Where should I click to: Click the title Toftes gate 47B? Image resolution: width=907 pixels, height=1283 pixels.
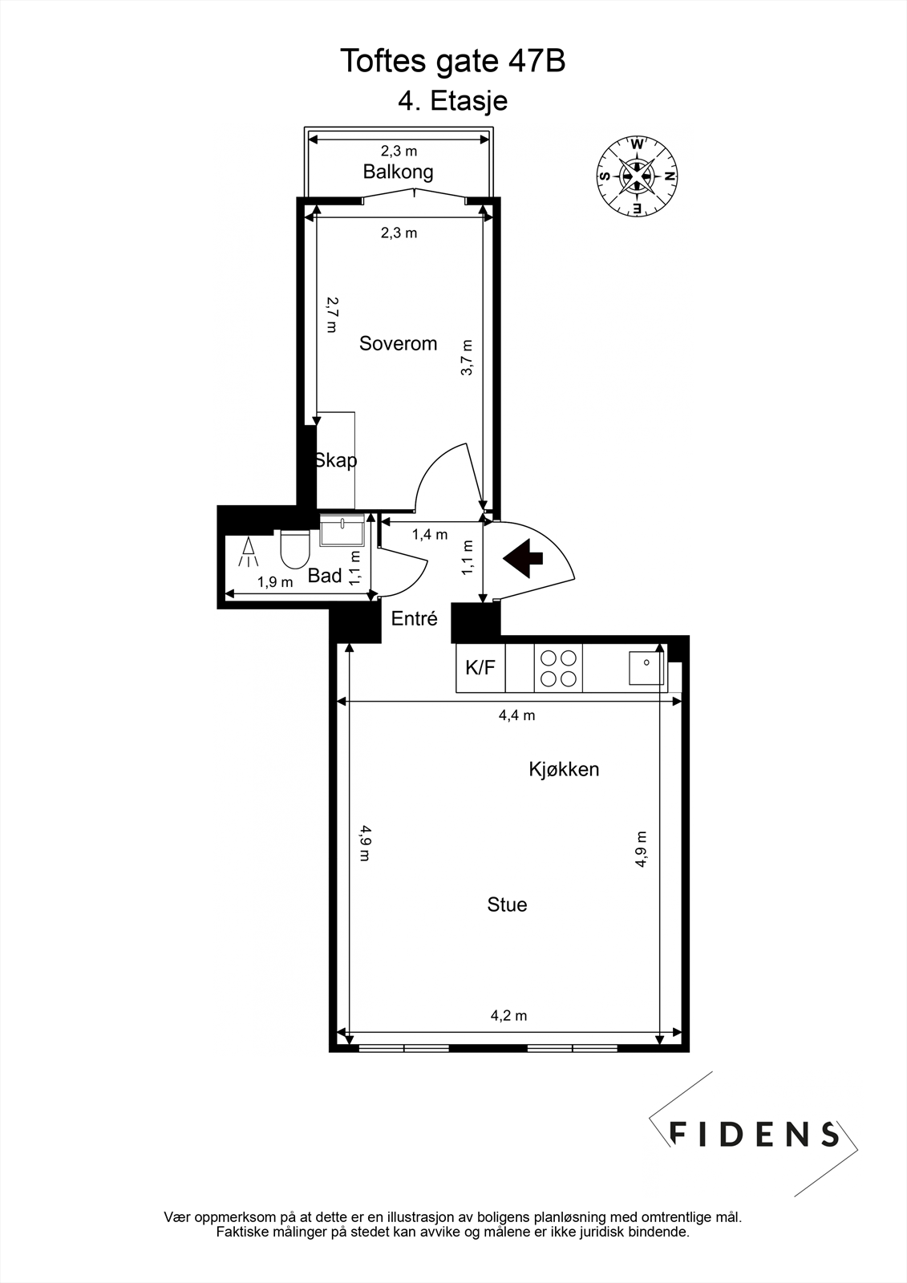tap(453, 61)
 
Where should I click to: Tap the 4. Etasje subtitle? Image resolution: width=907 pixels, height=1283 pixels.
tap(453, 102)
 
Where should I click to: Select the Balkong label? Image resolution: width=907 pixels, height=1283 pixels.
tap(398, 172)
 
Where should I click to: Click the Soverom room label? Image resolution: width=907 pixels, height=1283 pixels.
tap(398, 344)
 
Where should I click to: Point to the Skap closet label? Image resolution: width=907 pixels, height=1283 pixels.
tap(336, 460)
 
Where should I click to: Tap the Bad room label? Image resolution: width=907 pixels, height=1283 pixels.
tap(325, 576)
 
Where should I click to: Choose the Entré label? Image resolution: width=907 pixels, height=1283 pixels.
tap(415, 619)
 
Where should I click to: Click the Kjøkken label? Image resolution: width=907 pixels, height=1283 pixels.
tap(564, 770)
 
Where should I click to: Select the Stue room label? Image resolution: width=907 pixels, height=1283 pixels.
tap(507, 905)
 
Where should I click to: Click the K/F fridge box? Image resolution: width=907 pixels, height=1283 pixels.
tap(480, 668)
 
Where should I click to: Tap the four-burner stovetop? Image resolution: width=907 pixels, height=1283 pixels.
tap(558, 669)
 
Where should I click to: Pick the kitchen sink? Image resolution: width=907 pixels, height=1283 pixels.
tap(646, 667)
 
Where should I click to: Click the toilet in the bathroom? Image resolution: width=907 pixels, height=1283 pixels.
tap(295, 549)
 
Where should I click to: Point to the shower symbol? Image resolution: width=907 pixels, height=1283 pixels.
tap(249, 551)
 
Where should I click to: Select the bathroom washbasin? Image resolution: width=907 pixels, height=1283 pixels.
tap(342, 530)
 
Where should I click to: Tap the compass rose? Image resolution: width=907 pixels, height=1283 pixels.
tap(638, 176)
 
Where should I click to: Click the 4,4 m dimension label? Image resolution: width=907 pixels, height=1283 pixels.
tap(516, 715)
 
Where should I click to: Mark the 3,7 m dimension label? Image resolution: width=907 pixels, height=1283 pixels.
tap(468, 358)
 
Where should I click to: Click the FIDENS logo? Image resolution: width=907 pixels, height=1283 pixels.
tap(754, 1134)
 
